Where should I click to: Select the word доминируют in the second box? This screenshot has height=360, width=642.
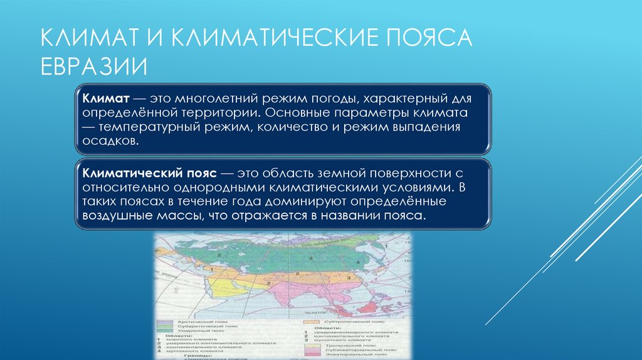tap(302, 201)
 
